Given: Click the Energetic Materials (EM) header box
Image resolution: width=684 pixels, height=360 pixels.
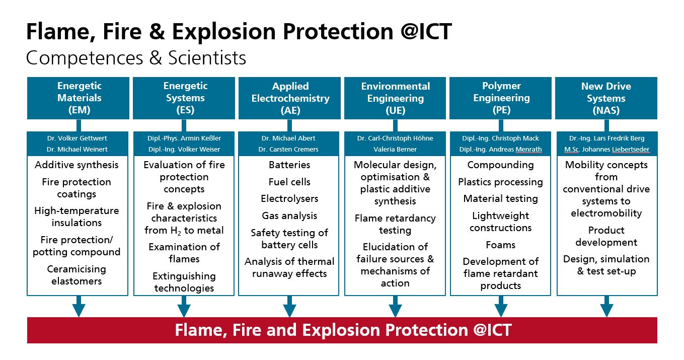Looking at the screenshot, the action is pos(78,98).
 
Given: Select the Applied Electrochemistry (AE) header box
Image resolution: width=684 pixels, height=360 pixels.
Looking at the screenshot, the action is pos(289,98).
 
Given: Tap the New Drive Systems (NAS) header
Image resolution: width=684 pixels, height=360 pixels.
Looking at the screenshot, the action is pos(606,98).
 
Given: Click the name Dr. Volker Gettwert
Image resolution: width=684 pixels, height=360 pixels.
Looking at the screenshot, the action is pos(77,138).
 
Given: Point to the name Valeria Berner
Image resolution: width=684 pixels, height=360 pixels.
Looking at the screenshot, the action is pos(395,150).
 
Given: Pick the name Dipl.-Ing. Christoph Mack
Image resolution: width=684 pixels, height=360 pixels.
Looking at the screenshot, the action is pos(500,138).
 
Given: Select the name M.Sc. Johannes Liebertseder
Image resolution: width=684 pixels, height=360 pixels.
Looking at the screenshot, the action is pos(606,150).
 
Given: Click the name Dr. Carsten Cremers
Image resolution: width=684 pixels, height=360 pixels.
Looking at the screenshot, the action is pos(288,150).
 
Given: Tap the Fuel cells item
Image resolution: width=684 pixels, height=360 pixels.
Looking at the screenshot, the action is pos(289,182).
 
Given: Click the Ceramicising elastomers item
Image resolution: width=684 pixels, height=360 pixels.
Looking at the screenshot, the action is pos(77,275).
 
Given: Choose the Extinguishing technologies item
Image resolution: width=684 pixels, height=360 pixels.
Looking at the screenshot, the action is pos(184,282).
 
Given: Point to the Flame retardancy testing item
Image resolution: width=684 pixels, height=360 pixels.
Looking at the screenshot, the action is pos(395,224).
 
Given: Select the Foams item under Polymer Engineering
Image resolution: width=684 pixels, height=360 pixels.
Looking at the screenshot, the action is pos(500,245).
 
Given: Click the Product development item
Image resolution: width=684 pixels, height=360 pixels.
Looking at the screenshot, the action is pos(606,236).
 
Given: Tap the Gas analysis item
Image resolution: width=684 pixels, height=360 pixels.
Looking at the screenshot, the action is pos(289,216).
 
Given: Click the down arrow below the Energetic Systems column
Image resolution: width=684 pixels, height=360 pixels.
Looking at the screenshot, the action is pos(184,306).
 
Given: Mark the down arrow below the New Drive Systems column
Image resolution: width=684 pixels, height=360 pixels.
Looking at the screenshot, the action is pos(607,306).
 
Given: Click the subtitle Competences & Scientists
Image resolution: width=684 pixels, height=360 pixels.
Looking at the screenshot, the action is pos(136,58).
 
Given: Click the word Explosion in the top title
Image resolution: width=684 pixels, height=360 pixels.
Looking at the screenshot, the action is pos(224,32).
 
